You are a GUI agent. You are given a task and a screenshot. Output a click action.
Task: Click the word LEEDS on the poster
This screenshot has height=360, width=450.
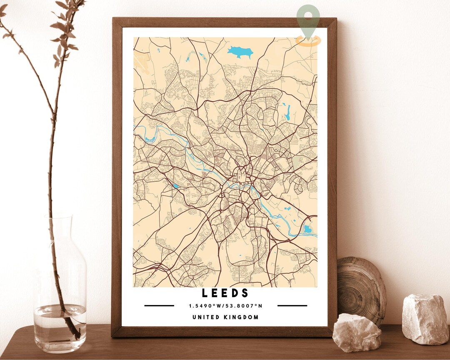pyautogui.click(x=225, y=293)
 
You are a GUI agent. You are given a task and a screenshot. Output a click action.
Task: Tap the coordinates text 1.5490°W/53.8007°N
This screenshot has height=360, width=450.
pyautogui.click(x=225, y=306)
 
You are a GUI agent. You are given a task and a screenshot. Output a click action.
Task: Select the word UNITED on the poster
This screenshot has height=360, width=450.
pyautogui.click(x=206, y=317)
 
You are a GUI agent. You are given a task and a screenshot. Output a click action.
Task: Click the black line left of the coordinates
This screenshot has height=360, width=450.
pyautogui.click(x=159, y=306)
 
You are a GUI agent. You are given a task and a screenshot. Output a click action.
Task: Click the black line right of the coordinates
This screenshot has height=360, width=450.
pyautogui.click(x=292, y=306)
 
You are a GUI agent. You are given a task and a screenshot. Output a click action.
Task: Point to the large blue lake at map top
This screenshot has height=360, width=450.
pyautogui.click(x=240, y=52)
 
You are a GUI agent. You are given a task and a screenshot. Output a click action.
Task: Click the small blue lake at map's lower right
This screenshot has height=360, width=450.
pyautogui.click(x=307, y=229)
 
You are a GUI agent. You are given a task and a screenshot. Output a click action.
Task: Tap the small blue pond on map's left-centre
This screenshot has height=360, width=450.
pyautogui.click(x=176, y=186)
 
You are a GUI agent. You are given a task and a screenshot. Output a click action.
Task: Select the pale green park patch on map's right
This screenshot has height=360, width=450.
pyautogui.click(x=297, y=162)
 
